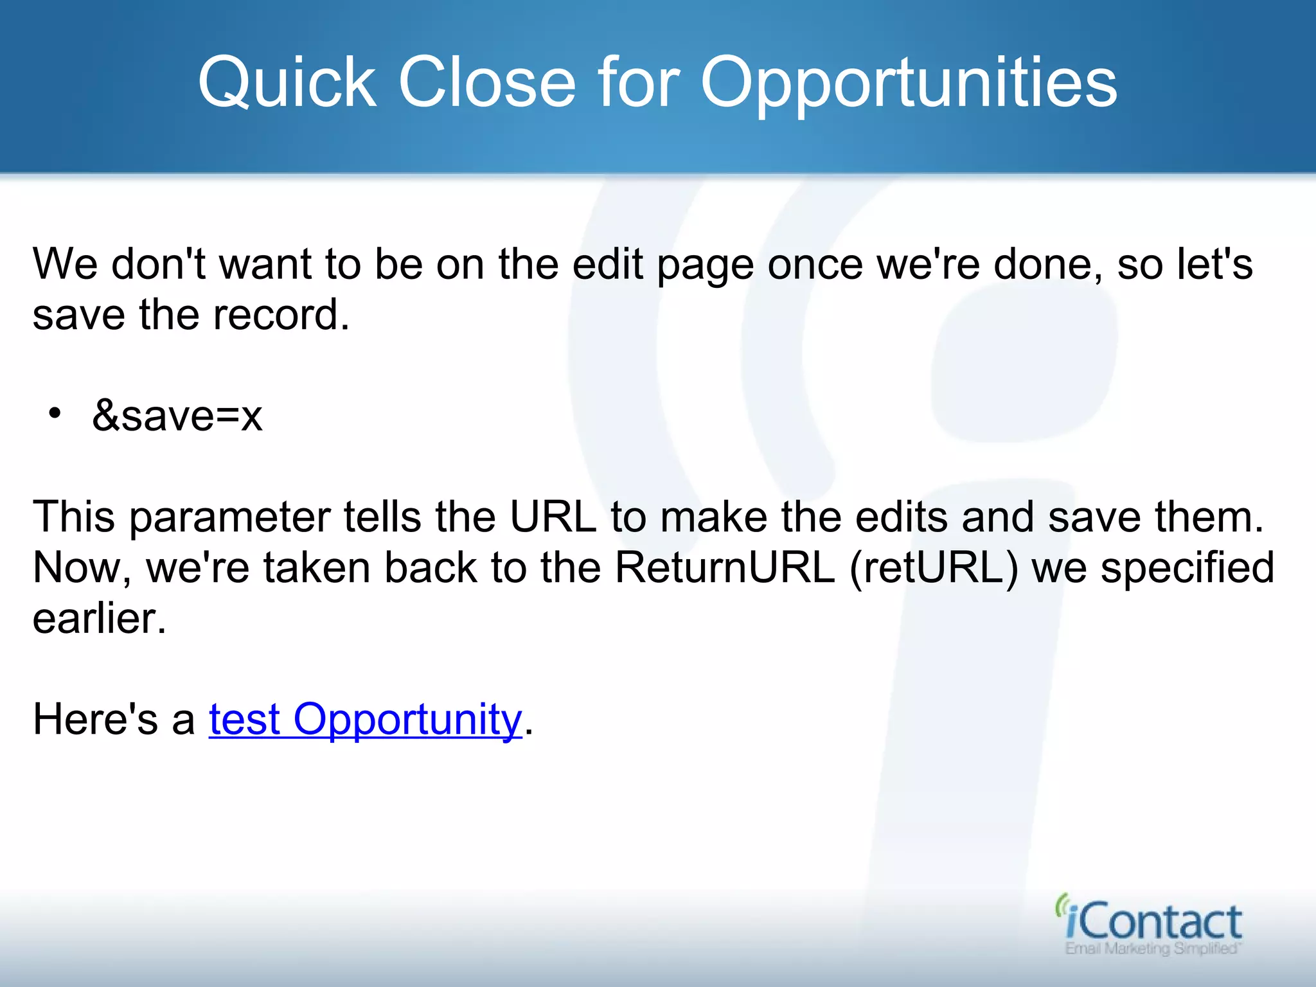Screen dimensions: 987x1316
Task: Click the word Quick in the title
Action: pyautogui.click(x=287, y=83)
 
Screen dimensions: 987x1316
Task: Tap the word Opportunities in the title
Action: pyautogui.click(x=909, y=83)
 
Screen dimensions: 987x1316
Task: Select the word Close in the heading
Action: pyautogui.click(x=486, y=83)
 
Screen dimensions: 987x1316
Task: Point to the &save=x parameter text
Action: pyautogui.click(x=177, y=416)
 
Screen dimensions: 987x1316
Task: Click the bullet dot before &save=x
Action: pyautogui.click(x=55, y=413)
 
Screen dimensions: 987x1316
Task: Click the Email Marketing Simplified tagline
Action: pyautogui.click(x=1153, y=948)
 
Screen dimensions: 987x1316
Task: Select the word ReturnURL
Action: pyautogui.click(x=725, y=567)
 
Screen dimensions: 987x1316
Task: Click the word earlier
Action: pyautogui.click(x=100, y=618)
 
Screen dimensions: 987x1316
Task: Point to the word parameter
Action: pyautogui.click(x=230, y=518)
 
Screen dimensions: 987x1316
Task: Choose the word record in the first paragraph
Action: pyautogui.click(x=281, y=315)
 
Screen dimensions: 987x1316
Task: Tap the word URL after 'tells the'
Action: pyautogui.click(x=553, y=517)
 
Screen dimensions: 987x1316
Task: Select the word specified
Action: pyautogui.click(x=1187, y=569)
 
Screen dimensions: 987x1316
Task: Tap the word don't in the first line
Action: pyautogui.click(x=158, y=264)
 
